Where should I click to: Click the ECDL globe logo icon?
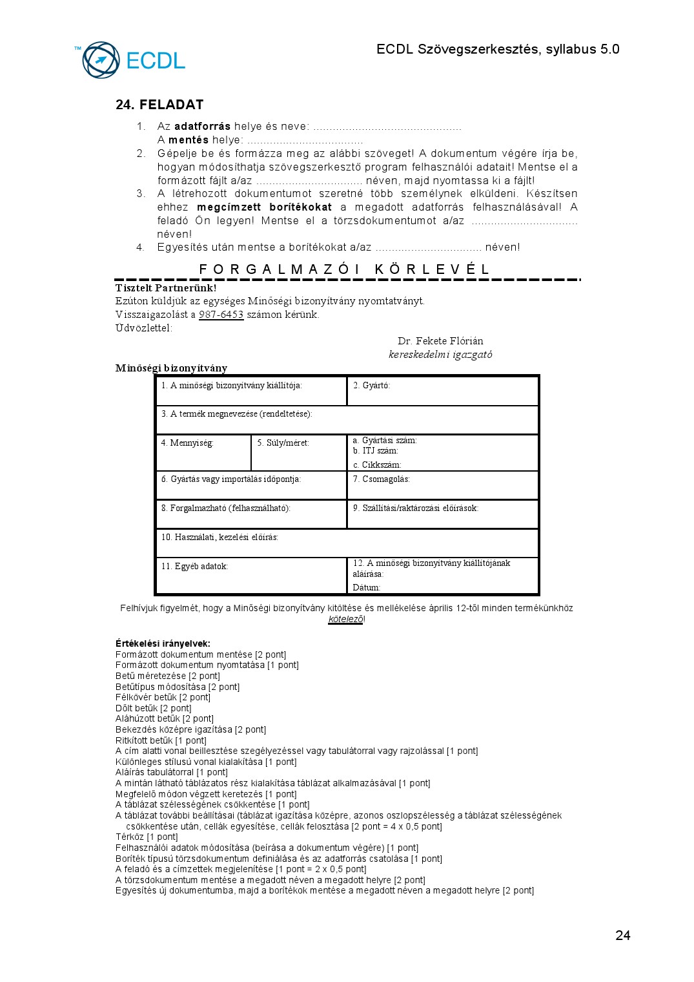(101, 60)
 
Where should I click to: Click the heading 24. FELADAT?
(159, 105)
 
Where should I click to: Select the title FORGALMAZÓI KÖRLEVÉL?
(344, 269)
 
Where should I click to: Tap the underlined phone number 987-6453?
(221, 315)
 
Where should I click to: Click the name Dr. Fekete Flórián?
(440, 341)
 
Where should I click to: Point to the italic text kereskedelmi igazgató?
(440, 355)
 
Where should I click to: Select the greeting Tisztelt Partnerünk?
(166, 288)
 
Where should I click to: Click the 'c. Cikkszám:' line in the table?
(377, 465)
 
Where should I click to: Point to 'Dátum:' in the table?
(367, 588)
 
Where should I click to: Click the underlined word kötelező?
(345, 620)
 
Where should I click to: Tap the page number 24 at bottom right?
(622, 935)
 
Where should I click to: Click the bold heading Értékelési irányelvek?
(163, 643)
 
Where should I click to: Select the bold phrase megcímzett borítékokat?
(264, 207)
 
